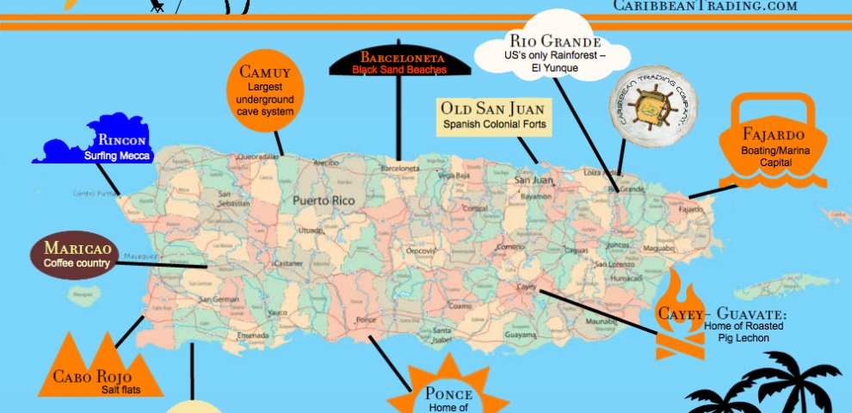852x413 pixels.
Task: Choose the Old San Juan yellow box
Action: pyautogui.click(x=494, y=116)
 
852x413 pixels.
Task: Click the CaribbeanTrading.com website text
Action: pyautogui.click(x=705, y=5)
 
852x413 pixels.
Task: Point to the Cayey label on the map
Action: pyautogui.click(x=526, y=287)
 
